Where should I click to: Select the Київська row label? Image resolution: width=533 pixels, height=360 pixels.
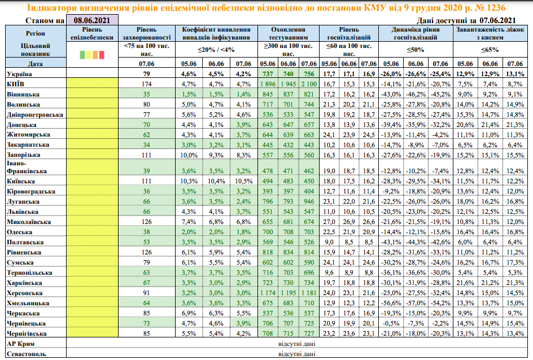coord(21,181)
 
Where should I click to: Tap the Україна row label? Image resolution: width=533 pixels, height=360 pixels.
coord(19,74)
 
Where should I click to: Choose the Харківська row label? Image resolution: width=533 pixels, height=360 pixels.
coord(22,283)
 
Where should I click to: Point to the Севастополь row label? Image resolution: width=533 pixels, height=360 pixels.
coord(25,354)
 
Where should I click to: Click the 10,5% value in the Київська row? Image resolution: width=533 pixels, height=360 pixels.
coord(243,181)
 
